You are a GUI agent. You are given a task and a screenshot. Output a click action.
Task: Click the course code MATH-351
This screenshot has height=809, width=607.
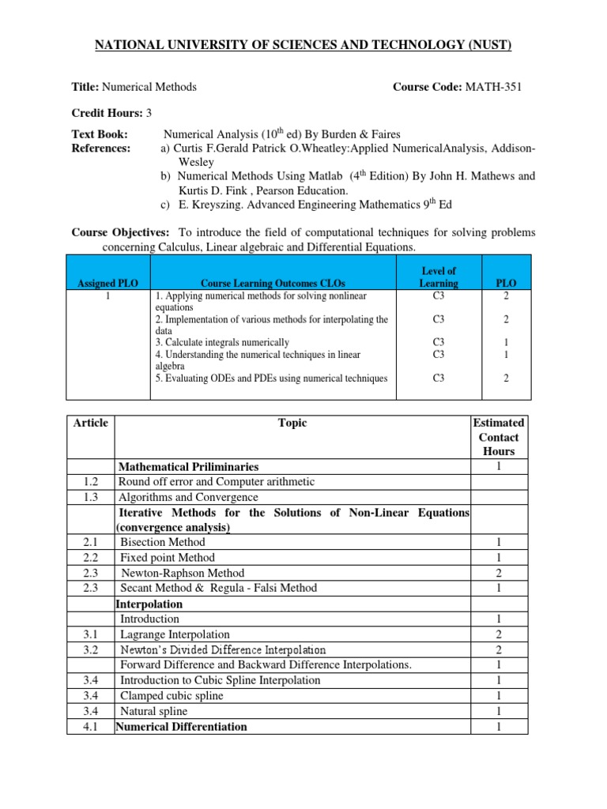[x=492, y=87]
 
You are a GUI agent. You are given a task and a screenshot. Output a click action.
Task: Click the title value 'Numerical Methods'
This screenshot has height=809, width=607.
[x=151, y=87]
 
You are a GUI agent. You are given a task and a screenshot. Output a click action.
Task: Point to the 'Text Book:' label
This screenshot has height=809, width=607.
[x=100, y=135]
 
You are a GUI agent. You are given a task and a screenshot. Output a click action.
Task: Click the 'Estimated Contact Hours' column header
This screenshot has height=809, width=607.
[x=498, y=437]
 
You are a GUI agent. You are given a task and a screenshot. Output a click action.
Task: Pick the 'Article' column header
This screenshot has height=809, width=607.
[x=90, y=423]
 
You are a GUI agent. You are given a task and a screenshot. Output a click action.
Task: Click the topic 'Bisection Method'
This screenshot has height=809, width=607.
[x=162, y=542]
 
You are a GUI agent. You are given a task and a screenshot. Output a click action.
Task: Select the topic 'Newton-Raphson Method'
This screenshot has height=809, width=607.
[x=182, y=573]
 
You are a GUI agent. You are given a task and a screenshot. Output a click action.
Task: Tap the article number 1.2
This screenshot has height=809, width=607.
[x=90, y=481]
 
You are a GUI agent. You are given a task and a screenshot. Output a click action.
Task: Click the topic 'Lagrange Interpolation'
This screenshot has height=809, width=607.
[x=175, y=634]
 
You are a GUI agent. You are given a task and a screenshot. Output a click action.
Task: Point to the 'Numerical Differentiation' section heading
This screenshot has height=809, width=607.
[x=182, y=726]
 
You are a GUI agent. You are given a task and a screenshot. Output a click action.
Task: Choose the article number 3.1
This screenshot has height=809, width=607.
[x=90, y=634]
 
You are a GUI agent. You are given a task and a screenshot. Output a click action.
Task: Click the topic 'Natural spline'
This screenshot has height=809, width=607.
[x=156, y=711]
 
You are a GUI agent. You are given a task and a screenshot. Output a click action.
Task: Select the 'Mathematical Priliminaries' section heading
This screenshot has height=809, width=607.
[x=188, y=467]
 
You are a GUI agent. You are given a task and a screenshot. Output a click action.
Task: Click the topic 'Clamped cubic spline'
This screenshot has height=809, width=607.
[x=172, y=695]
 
